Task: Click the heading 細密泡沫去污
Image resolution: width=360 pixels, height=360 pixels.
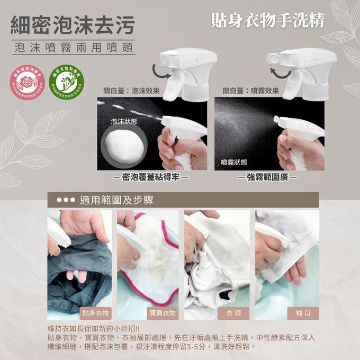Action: [73, 24]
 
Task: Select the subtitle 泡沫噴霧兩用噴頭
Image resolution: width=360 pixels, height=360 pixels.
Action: [73, 48]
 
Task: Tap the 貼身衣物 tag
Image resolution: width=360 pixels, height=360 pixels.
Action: [95, 313]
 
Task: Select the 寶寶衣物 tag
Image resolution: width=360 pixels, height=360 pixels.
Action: [162, 313]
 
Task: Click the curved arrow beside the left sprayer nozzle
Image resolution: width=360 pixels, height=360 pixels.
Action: [157, 69]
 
